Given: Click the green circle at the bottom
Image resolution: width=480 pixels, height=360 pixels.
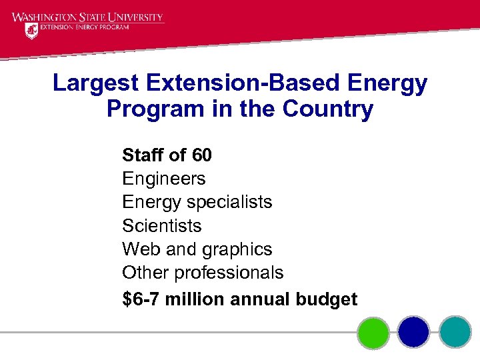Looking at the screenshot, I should point(373,332).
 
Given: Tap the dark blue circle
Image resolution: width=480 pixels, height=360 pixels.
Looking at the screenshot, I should point(414,332).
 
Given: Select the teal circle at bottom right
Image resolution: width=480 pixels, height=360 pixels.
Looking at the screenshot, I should point(455,332).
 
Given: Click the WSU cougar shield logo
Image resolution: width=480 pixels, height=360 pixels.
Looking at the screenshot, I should point(31,31).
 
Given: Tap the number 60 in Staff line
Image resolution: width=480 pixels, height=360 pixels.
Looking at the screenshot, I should point(201,156).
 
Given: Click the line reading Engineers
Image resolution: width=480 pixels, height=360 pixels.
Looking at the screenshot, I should point(164,179).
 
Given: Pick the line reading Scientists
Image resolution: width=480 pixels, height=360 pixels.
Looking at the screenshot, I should point(162,226).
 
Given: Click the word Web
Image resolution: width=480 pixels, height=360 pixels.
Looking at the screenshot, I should point(139,249).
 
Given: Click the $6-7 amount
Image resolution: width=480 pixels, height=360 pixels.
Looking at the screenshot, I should point(141,299).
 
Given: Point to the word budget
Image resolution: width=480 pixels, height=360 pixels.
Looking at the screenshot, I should point(327,300).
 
